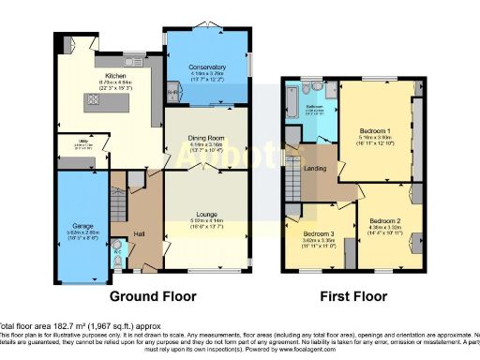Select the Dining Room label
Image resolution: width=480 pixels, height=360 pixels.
pyautogui.click(x=204, y=139)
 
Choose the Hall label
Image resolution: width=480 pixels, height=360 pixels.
pyautogui.click(x=140, y=233)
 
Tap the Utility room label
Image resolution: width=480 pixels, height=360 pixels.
pyautogui.click(x=83, y=142)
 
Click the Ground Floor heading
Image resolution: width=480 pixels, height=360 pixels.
pyautogui.click(x=154, y=296)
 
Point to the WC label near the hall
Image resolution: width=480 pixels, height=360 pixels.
pyautogui.click(x=116, y=252)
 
